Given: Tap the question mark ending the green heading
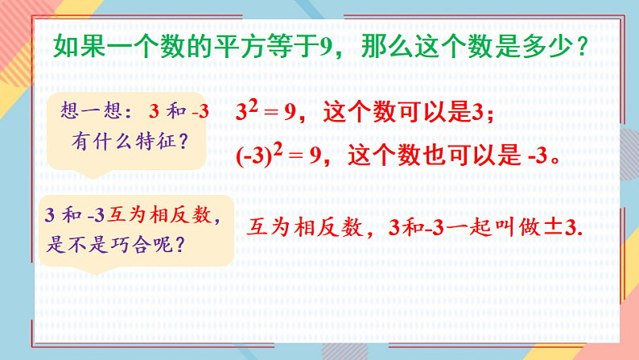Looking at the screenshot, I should pyautogui.click(x=581, y=47).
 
